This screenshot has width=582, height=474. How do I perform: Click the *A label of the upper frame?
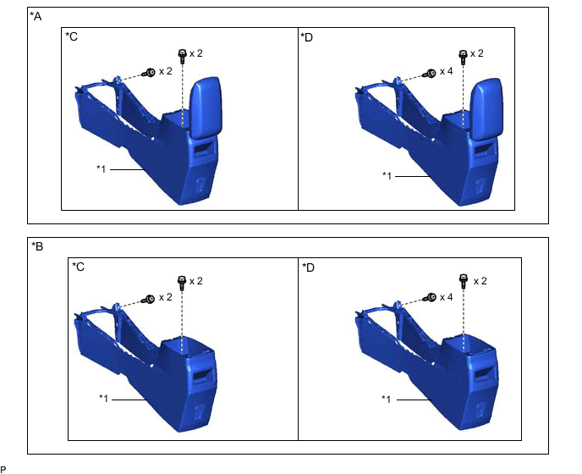coord(36,16)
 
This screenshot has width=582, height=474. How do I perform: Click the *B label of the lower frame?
coord(37,246)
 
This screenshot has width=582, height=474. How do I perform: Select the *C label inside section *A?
coord(72,36)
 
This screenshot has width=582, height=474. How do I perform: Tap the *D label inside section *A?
coord(306,37)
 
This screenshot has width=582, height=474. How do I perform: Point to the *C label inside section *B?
coord(79,267)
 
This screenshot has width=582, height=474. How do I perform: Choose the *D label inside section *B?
coord(309,267)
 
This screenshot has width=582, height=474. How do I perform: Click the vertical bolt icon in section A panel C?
coord(182,57)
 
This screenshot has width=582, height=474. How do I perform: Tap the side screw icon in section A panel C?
coord(149,73)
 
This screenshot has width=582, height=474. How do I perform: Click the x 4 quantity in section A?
coord(446,71)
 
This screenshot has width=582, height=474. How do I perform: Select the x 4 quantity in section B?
coord(446,298)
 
